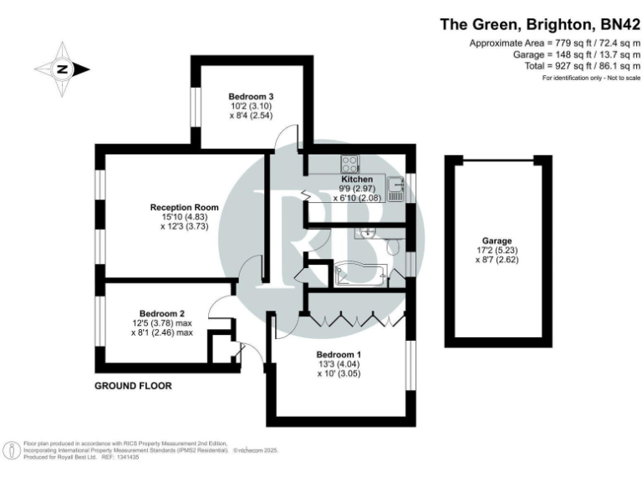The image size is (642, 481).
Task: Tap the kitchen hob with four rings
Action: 349,163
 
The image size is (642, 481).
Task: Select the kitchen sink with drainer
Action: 397,193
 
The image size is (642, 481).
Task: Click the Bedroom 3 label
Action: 252,97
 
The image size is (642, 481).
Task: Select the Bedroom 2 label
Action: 161,313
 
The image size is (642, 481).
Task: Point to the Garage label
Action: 497,240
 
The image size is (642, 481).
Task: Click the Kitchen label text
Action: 356,179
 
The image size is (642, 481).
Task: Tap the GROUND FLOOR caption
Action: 133,386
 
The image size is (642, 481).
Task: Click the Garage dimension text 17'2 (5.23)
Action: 497,250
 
